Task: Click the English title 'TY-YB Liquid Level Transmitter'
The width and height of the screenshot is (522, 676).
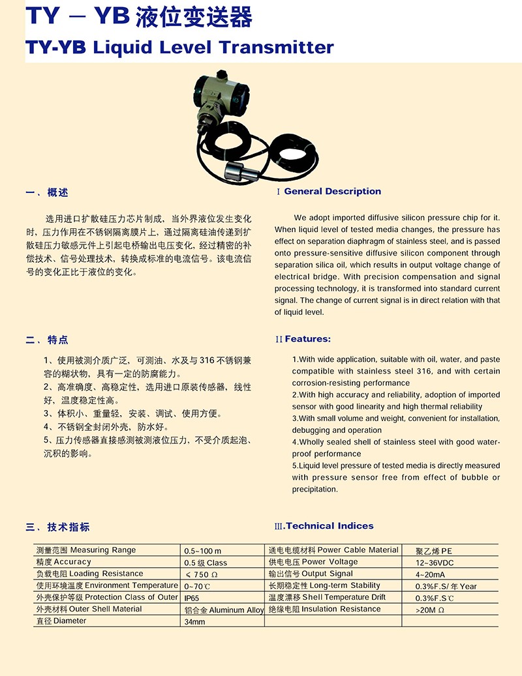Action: point(179,48)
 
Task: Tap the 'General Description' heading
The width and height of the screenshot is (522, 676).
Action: point(332,191)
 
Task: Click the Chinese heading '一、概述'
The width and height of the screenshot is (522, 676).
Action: point(46,192)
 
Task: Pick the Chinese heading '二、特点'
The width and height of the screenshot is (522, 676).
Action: point(46,340)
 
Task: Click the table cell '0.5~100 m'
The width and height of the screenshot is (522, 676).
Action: point(203,551)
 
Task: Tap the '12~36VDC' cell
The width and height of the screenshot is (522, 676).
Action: point(435,563)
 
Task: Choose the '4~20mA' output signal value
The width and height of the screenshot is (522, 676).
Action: point(430,574)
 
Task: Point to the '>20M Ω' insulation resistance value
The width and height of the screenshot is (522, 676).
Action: point(430,610)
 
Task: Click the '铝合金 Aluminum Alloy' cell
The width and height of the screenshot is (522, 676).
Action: point(224,610)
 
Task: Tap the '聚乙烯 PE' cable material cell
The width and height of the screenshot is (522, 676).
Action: point(434,551)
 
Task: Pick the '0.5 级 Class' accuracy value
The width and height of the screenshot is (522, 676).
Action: point(206,563)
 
